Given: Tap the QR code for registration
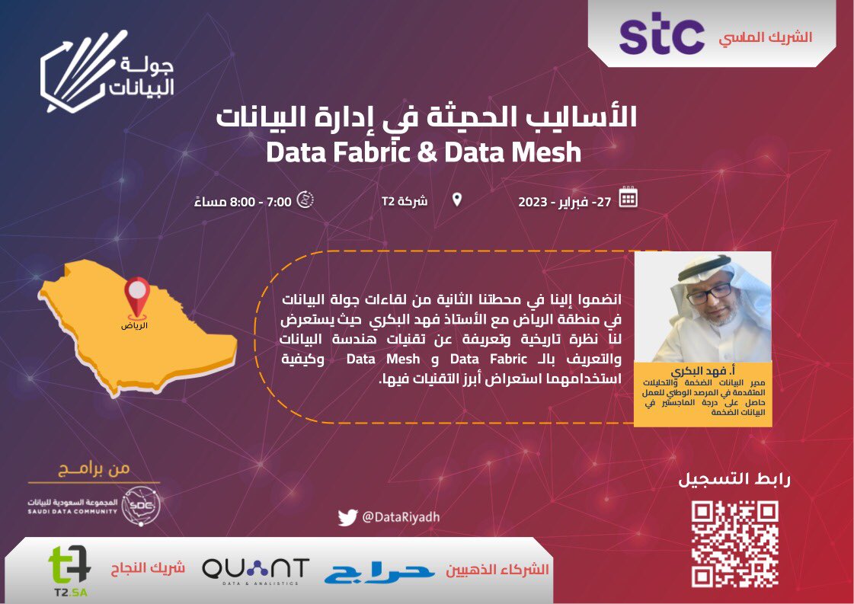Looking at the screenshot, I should coord(734,543).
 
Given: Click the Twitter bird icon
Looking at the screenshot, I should coord(347,517).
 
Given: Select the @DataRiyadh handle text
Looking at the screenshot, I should coord(400,517).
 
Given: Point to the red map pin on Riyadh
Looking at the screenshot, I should coord(137,294).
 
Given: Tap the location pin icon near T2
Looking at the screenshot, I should coord(456,200).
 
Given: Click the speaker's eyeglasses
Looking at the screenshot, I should coord(709,292).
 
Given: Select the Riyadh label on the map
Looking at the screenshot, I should coord(135,325).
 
